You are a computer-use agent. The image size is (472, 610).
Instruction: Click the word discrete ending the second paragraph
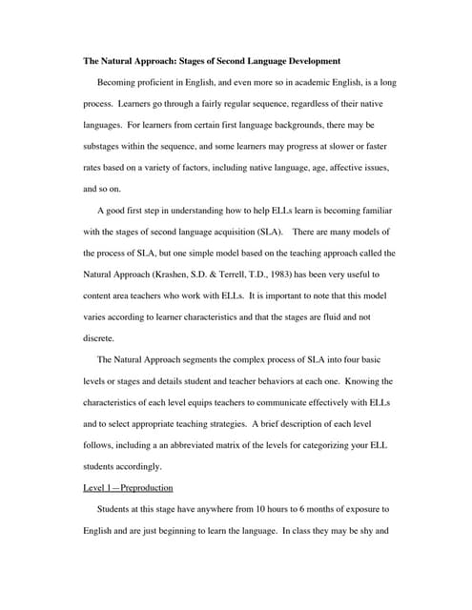pyautogui.click(x=98, y=338)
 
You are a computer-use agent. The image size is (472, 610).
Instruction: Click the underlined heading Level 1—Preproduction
pyautogui.click(x=129, y=488)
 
